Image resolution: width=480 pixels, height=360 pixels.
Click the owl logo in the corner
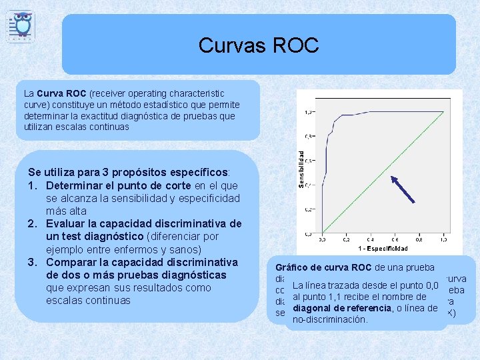(22, 25)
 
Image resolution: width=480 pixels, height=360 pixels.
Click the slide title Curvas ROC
(259, 45)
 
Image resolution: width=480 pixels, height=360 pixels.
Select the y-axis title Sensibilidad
(301, 168)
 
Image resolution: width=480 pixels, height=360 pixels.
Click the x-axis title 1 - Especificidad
(383, 248)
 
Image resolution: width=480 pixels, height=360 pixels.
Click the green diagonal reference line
(383, 172)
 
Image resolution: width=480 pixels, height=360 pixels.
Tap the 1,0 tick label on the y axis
(309, 112)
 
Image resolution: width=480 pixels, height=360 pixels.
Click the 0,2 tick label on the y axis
(309, 209)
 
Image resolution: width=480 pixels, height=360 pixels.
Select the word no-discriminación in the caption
(330, 320)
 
